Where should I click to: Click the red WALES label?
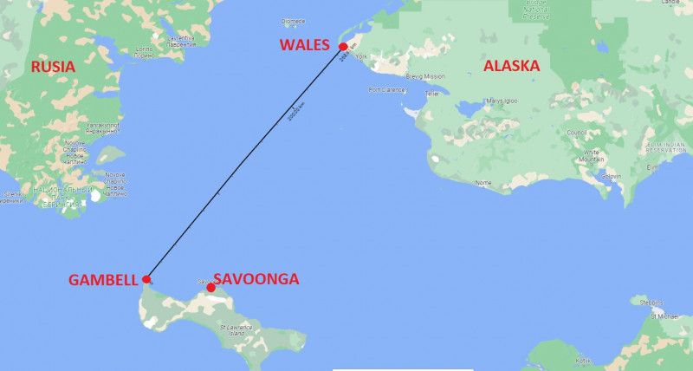point(304,44)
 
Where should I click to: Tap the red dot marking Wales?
point(343,47)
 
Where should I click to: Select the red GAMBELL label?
point(103,280)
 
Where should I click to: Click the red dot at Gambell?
point(147,279)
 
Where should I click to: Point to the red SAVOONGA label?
point(257,279)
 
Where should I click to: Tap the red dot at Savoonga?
point(210,288)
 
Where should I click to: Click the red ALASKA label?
point(511,66)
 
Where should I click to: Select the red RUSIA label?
point(53,67)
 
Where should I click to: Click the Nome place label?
point(483,183)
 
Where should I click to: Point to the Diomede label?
point(294,21)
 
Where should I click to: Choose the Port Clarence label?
point(386,89)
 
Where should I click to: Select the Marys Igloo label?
point(502,101)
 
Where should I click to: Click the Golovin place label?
point(612,176)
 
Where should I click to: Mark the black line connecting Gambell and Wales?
point(245,163)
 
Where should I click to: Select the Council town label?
point(575,133)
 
